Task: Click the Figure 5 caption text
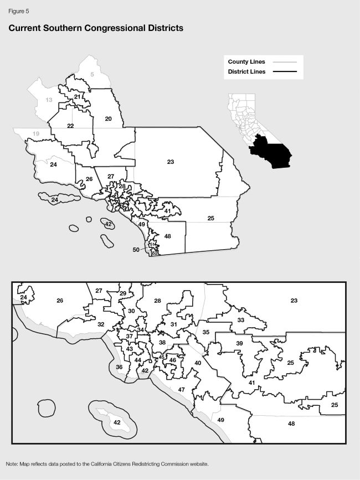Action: (x=19, y=11)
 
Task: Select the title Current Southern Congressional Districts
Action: (x=96, y=28)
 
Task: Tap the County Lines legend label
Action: (x=246, y=62)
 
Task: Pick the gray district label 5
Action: (x=92, y=74)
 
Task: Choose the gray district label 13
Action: (x=49, y=100)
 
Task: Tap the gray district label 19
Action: (x=36, y=134)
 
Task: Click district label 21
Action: (x=78, y=97)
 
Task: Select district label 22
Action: (x=70, y=126)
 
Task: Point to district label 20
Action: (x=108, y=118)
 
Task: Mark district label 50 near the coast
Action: (x=136, y=250)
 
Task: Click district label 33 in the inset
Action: (x=240, y=320)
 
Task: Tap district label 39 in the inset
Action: (x=239, y=344)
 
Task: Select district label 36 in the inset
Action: (x=119, y=367)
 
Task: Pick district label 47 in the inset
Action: (x=181, y=390)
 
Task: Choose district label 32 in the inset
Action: (x=101, y=324)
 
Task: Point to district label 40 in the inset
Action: (x=198, y=363)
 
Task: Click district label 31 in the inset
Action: (x=173, y=324)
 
